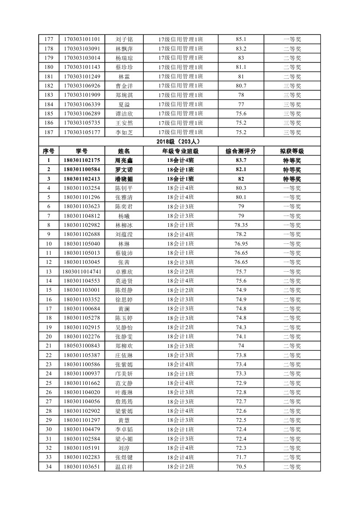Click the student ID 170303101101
point(82,39)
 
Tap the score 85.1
point(241,39)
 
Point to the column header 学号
point(82,151)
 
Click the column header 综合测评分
point(241,151)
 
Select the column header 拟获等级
point(292,151)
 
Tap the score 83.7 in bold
point(241,161)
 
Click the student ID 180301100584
point(82,170)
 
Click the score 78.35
point(241,225)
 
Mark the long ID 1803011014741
point(82,272)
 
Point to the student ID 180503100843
point(82,346)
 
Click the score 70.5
point(241,466)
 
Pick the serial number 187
point(48,132)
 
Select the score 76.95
point(241,244)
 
